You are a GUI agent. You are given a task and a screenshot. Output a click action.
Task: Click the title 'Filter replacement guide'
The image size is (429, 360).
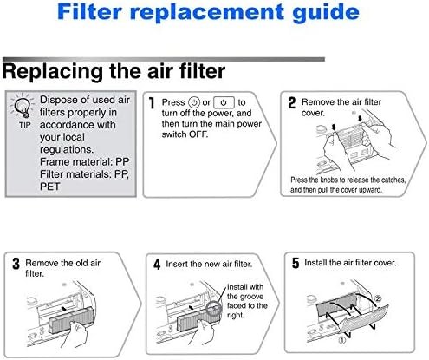(213, 13)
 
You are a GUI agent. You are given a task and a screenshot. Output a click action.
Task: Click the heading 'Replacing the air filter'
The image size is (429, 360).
(115, 69)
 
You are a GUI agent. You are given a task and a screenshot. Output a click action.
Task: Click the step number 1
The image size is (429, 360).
(153, 103)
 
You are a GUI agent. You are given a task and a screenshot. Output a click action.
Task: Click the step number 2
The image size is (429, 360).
(292, 102)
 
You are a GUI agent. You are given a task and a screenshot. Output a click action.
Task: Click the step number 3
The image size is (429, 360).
(15, 261)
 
